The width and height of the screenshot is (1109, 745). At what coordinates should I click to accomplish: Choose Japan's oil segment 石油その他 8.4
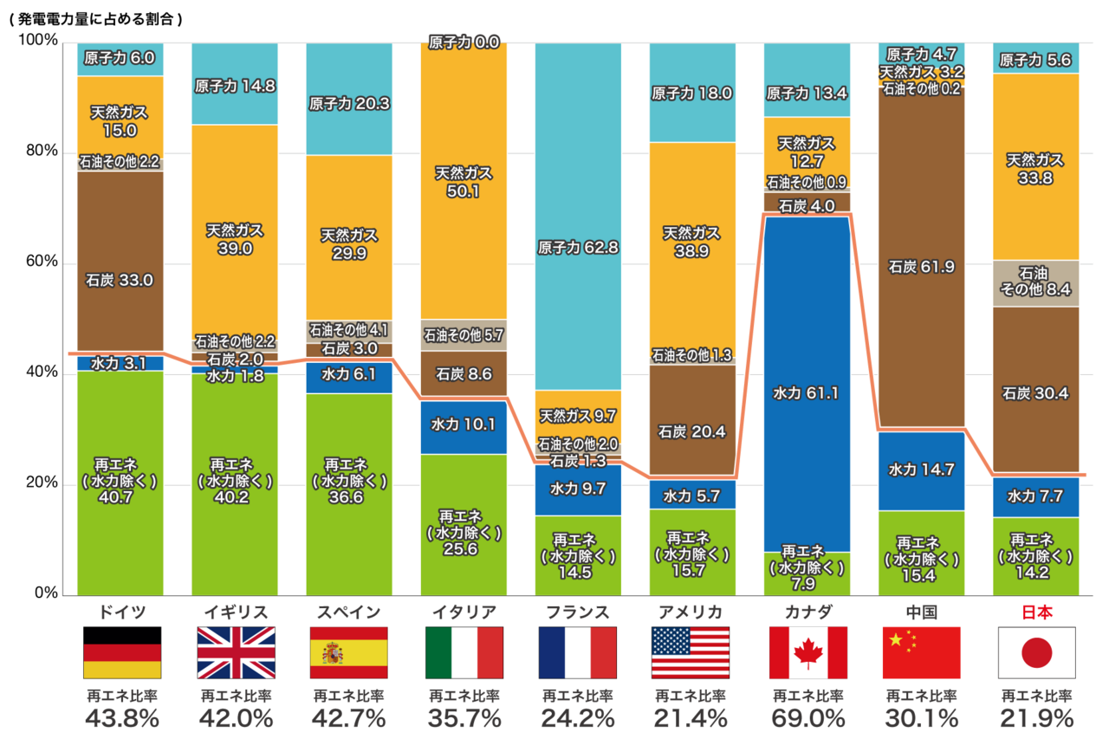click(1035, 282)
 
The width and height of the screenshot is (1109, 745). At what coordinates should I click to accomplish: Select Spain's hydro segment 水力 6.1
click(348, 375)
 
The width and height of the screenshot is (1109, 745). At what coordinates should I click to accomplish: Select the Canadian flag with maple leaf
click(807, 652)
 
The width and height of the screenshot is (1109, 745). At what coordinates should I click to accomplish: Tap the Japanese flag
click(1036, 652)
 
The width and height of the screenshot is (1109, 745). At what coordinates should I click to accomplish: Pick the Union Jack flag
click(236, 652)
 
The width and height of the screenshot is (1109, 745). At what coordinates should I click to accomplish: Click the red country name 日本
click(1036, 612)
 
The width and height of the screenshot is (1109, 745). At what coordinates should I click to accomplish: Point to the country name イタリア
click(464, 612)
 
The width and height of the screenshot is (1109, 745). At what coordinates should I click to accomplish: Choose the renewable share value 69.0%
click(807, 718)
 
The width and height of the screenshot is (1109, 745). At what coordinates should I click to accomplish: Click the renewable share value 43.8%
click(121, 718)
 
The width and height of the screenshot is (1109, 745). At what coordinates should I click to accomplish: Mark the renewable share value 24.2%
click(578, 718)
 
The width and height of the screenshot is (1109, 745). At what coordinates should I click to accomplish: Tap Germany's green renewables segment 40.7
click(120, 481)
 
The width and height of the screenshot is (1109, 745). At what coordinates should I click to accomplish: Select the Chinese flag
click(921, 652)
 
